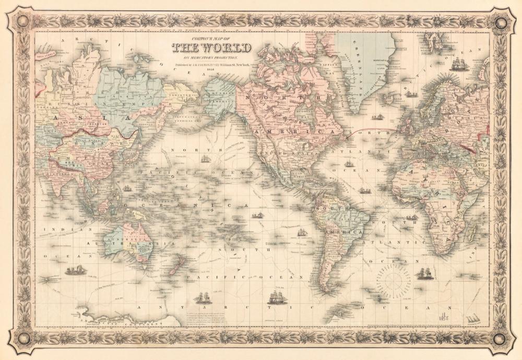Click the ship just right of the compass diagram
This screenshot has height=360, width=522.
click(424, 273)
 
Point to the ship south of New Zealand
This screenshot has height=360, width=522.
click(203, 298)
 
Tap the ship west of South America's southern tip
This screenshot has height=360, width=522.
click(275, 298)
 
